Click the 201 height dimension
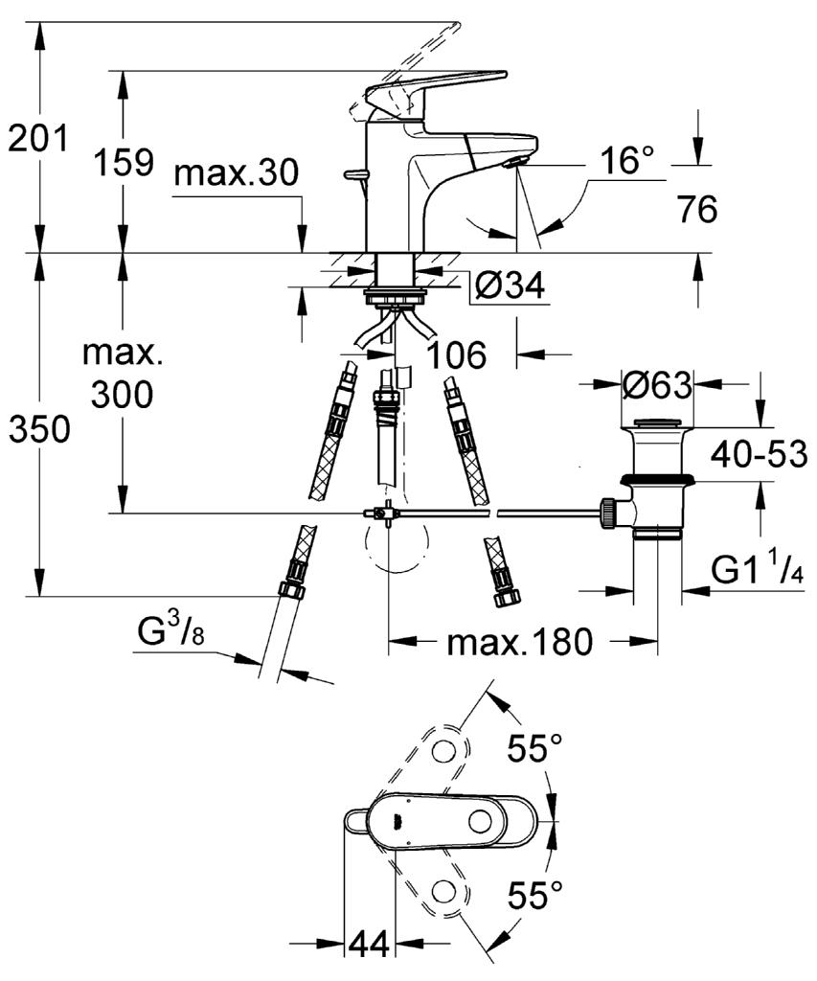(37, 138)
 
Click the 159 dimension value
(124, 162)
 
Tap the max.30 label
(237, 172)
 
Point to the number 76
(697, 208)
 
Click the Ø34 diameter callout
(510, 285)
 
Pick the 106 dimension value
(456, 354)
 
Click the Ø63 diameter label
(657, 385)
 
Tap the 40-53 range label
(759, 453)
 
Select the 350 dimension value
(39, 430)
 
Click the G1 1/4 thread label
(758, 569)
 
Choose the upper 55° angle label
(534, 747)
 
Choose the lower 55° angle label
(534, 895)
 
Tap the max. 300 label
(123, 375)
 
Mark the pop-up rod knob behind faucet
(355, 173)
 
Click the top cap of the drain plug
(657, 422)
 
